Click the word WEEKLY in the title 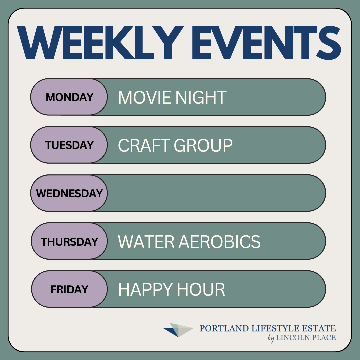[x=100, y=43]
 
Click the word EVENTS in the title [x=266, y=43]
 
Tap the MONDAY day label [x=70, y=97]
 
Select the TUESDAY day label [x=70, y=145]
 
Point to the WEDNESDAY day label [x=69, y=193]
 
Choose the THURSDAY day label [x=69, y=242]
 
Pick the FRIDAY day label [x=69, y=289]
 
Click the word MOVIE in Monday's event [x=144, y=97]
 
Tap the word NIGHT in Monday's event [x=201, y=97]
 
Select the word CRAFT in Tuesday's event [x=144, y=145]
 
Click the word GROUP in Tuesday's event [x=203, y=145]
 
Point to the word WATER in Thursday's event [x=146, y=242]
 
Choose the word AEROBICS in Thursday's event [x=219, y=242]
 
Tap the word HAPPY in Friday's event [x=145, y=290]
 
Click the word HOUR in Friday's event [x=201, y=290]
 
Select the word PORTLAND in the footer [x=224, y=328]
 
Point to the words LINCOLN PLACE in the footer [x=306, y=337]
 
